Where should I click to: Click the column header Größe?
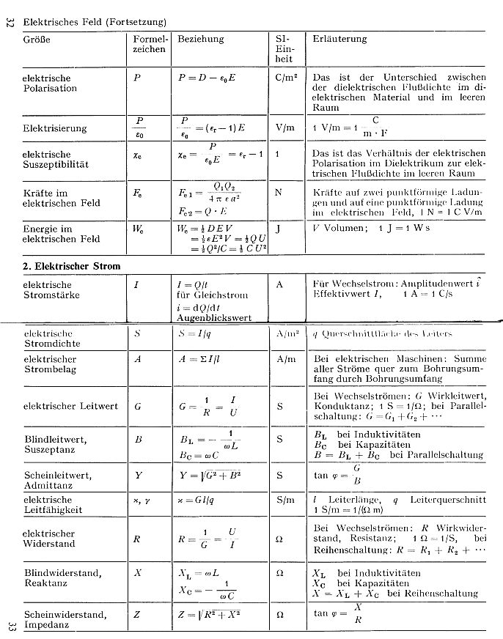pyautogui.click(x=37, y=39)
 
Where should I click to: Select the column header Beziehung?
pyautogui.click(x=201, y=39)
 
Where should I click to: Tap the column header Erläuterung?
pyautogui.click(x=340, y=39)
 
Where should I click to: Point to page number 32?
pyautogui.click(x=10, y=23)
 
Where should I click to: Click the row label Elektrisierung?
pyautogui.click(x=54, y=128)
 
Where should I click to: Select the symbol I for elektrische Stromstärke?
pyautogui.click(x=136, y=284)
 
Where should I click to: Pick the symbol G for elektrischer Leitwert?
pyautogui.click(x=138, y=406)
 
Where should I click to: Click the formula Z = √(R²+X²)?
pyautogui.click(x=208, y=615)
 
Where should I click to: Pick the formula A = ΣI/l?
pyautogui.click(x=204, y=360)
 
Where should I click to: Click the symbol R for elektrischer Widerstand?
pyautogui.click(x=137, y=539)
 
